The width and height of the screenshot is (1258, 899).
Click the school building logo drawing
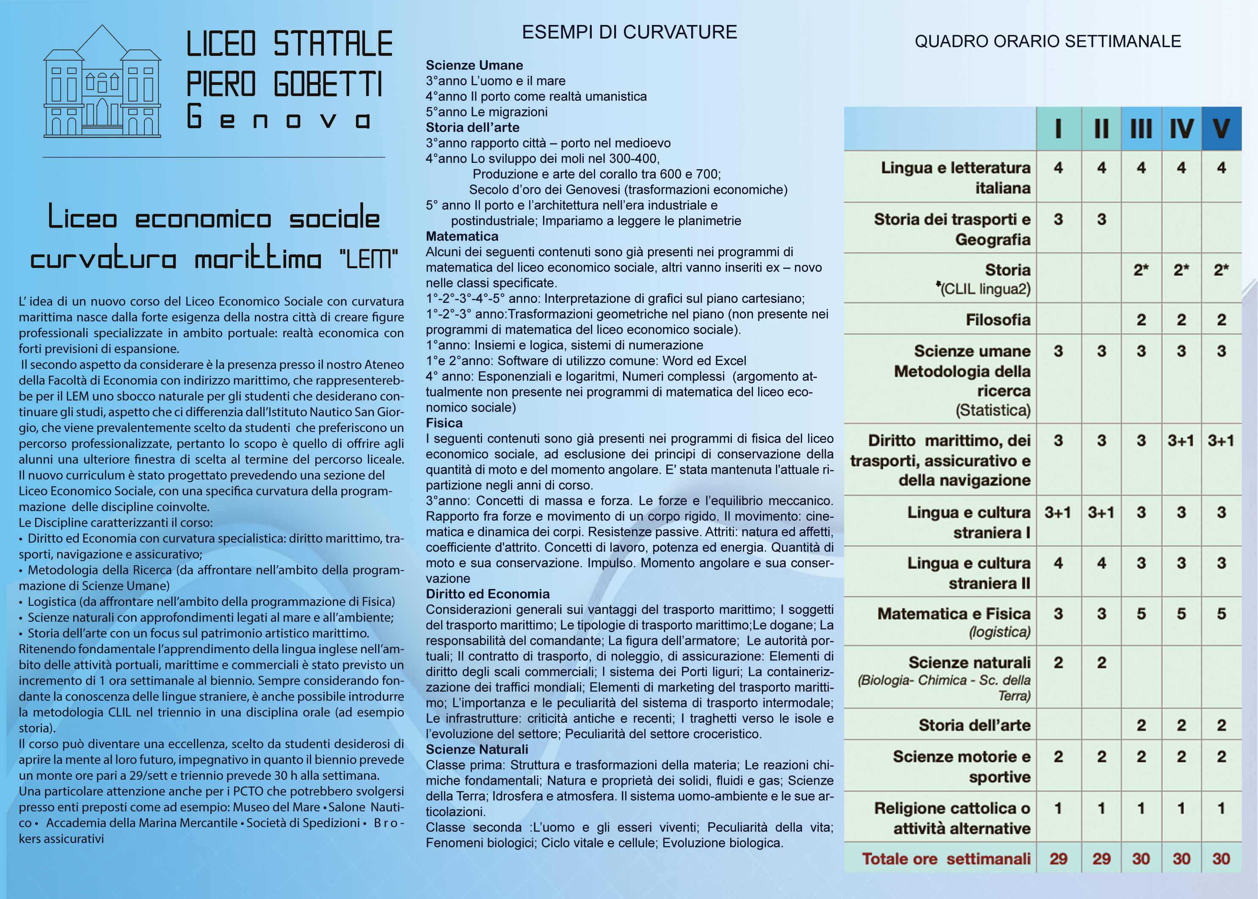(x=102, y=82)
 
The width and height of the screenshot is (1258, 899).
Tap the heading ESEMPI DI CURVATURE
(x=629, y=32)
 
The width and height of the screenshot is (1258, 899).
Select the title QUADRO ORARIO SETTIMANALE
(x=1048, y=41)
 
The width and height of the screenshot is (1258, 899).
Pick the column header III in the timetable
(x=1141, y=129)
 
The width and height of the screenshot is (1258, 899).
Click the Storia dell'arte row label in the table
(x=974, y=725)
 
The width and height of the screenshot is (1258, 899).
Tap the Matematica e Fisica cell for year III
(x=1141, y=614)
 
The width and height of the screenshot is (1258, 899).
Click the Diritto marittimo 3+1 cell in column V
(x=1221, y=441)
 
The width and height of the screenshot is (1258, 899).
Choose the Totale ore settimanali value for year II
(x=1101, y=858)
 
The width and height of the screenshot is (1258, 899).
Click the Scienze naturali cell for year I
(x=1058, y=663)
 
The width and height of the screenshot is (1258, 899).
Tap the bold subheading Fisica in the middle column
(x=444, y=423)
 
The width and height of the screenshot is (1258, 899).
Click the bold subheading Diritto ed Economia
(x=487, y=594)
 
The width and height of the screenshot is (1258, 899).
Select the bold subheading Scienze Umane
(x=474, y=65)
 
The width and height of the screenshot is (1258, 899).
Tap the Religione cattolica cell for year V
(x=1221, y=808)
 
